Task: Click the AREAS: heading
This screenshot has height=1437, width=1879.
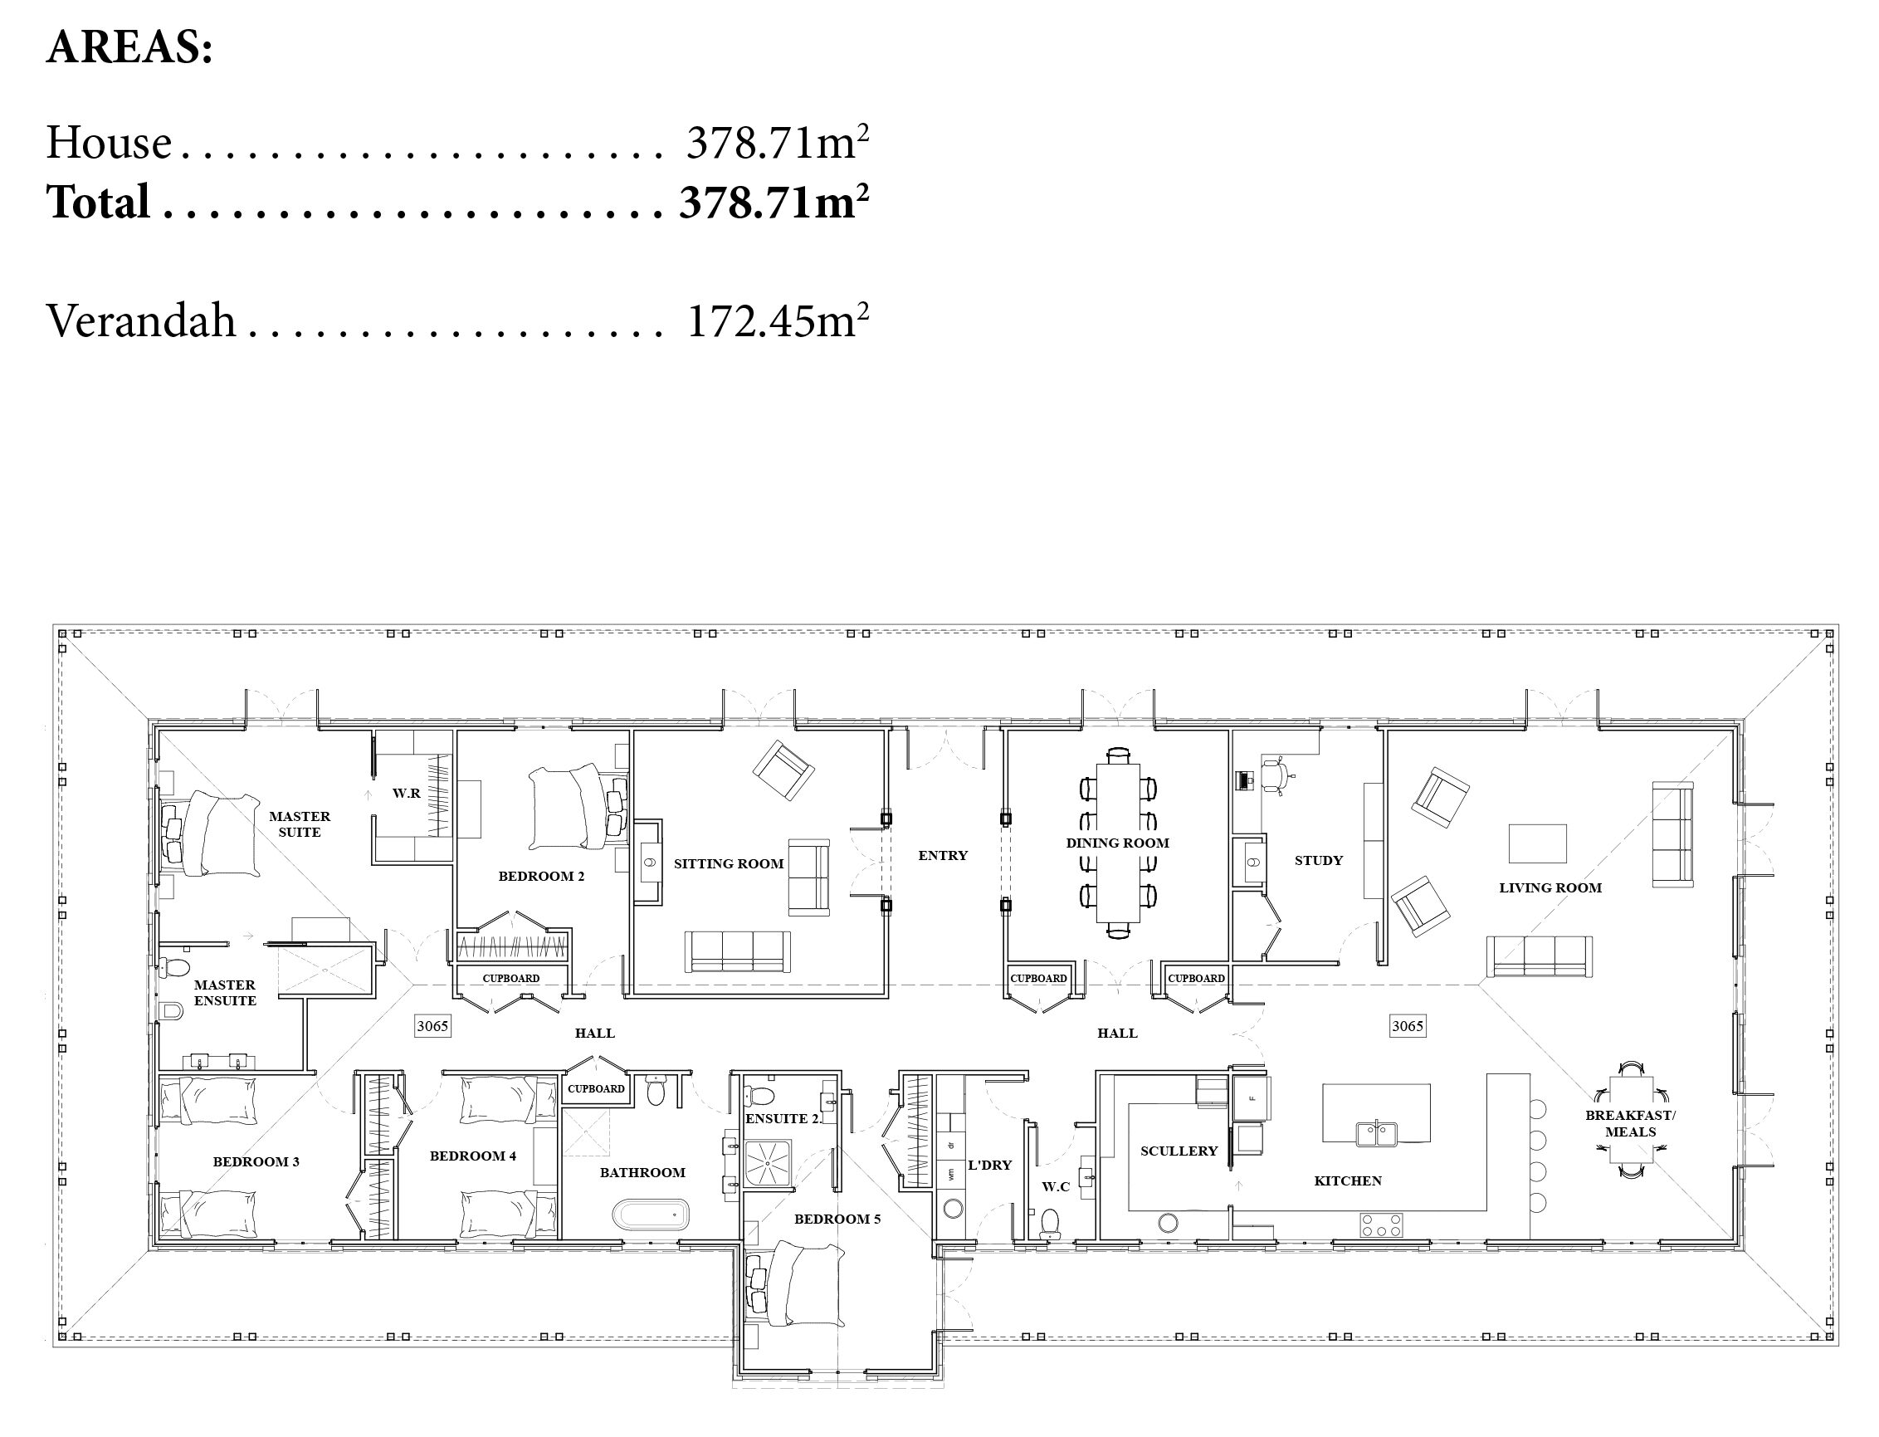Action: pos(129,48)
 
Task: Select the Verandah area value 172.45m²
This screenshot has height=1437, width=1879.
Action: pos(778,320)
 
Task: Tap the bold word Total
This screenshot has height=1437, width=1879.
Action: pos(99,203)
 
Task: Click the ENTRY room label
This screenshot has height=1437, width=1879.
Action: pos(943,855)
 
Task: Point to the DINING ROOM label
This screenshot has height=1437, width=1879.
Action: pos(1117,843)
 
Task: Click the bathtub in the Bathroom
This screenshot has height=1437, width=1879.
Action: pos(651,1214)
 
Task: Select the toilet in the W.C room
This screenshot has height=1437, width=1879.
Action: pos(1049,1224)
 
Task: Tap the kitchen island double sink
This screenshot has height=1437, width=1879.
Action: pos(1376,1134)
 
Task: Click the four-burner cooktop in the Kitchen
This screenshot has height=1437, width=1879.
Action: pos(1381,1224)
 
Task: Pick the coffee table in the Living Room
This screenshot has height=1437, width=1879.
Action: pos(1537,843)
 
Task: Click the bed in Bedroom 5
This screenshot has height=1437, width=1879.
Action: pos(794,1285)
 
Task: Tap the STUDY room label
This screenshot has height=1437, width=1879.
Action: pos(1318,861)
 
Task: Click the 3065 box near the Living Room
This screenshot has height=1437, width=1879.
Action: pos(1407,1025)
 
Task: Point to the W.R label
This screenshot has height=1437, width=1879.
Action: pos(406,793)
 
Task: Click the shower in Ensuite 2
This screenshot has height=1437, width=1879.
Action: pos(768,1163)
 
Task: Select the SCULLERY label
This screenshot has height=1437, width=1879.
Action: pos(1179,1151)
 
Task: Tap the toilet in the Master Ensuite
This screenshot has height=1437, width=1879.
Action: pos(173,967)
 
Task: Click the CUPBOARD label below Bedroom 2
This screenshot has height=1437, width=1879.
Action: pos(510,979)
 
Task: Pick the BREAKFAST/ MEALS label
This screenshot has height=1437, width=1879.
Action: pos(1630,1124)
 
